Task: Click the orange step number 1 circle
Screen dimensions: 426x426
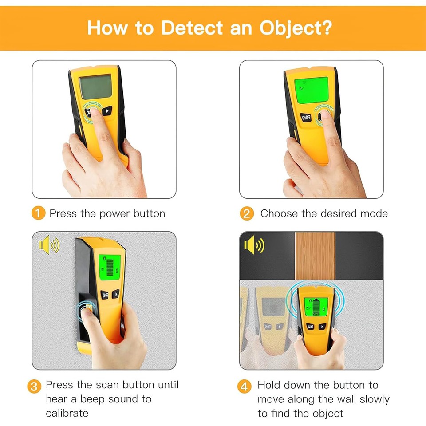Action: point(39,213)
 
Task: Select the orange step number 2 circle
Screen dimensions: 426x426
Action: point(247,213)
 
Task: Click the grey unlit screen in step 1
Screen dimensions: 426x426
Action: point(95,86)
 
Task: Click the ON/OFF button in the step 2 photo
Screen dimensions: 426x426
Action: point(307,118)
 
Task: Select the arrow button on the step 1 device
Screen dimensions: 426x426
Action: point(107,110)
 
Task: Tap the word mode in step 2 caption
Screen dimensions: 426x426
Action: point(375,213)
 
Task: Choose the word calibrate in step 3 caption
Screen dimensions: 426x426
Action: point(67,413)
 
